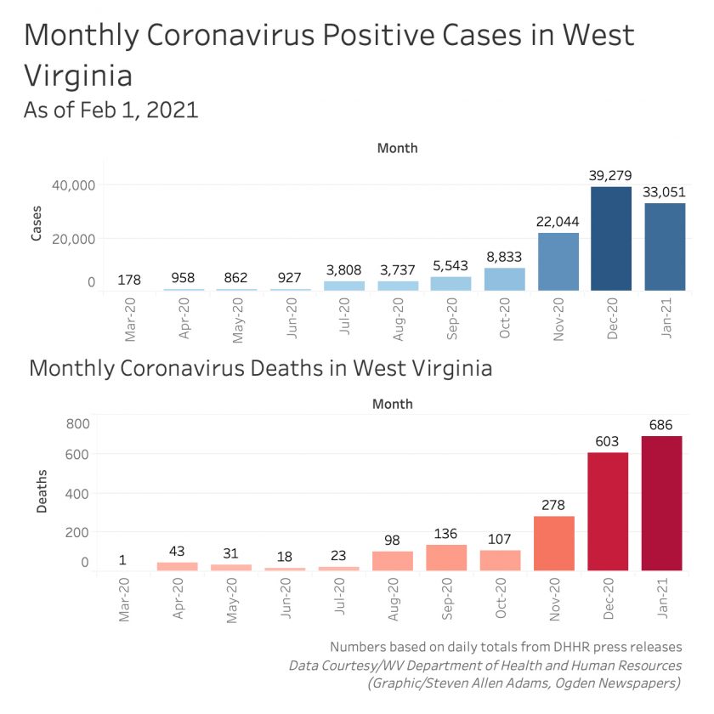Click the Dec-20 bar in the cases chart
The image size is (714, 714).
(611, 239)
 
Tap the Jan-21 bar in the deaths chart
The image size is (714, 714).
(661, 503)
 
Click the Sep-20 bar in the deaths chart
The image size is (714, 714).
(446, 558)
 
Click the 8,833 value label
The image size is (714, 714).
(505, 256)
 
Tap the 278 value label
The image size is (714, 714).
(554, 504)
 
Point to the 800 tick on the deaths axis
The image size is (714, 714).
(77, 423)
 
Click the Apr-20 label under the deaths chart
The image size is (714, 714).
(178, 599)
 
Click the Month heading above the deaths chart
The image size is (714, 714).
(392, 404)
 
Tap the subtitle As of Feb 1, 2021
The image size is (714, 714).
(111, 110)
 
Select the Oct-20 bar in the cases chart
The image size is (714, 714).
(505, 280)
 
